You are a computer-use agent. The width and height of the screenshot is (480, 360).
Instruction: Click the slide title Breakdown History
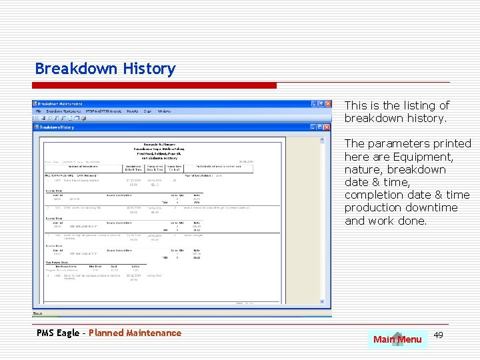point(105,69)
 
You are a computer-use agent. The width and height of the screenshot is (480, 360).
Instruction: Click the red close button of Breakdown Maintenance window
point(327,104)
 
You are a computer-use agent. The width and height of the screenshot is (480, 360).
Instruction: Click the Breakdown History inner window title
point(57,126)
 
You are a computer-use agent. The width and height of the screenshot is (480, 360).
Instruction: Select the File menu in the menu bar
point(39,111)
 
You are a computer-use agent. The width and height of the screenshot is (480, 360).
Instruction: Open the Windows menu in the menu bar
point(163,111)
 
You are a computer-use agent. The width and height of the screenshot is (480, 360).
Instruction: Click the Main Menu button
point(397,339)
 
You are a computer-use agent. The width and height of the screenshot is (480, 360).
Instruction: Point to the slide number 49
point(438,335)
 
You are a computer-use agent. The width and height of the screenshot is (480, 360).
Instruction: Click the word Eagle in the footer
point(67,333)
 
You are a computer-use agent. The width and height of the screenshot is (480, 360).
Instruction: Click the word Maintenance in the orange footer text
point(155,333)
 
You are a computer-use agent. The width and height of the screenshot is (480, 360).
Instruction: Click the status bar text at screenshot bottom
point(39,313)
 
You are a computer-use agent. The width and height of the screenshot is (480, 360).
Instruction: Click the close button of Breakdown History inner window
point(327,126)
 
